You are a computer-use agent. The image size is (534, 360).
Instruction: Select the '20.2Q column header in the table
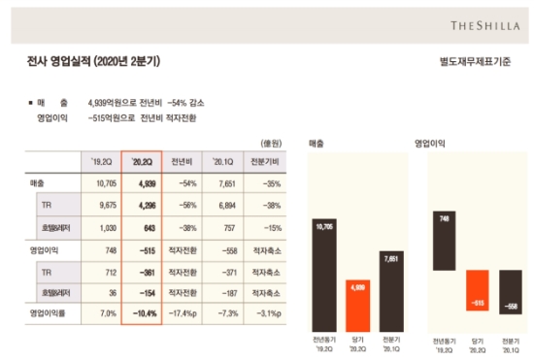tap(142, 159)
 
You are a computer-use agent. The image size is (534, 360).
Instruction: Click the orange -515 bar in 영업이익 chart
tap(478, 291)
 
